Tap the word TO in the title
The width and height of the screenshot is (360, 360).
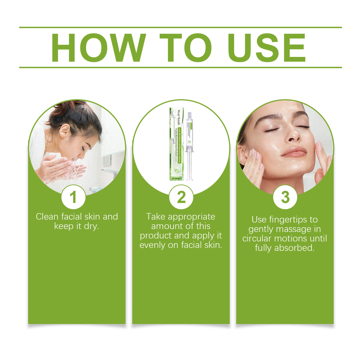186,48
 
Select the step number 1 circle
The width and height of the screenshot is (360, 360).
73,197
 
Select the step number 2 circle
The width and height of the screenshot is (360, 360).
181,197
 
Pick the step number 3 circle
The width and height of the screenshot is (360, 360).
285,197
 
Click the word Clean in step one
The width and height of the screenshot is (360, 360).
47,217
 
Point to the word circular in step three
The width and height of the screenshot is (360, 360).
257,238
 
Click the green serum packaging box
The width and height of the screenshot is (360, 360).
176,144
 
